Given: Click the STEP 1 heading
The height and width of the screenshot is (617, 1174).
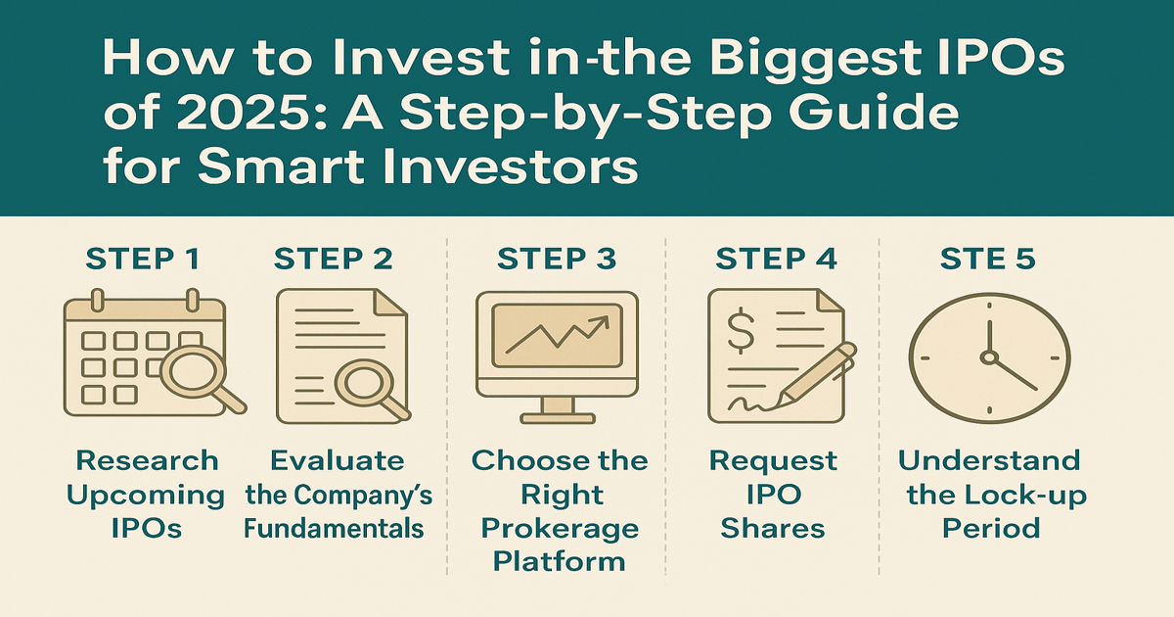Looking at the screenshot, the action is pos(143,259).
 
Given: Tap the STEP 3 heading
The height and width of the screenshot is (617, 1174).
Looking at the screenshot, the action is pos(557,259).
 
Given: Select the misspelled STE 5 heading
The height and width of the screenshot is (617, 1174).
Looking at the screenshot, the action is pos(988,259).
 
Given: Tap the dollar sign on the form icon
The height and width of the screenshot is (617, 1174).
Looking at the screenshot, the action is pos(741,332).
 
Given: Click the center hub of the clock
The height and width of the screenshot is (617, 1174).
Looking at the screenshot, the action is pos(989,357).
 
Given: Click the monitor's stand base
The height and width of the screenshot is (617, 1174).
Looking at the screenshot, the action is pos(558,418).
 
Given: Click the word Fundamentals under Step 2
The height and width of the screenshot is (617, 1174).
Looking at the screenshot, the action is pos(334,528).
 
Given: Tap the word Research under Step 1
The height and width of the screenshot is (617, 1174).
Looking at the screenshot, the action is pos(147,460).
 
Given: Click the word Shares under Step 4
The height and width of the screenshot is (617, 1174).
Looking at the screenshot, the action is pos(773,528).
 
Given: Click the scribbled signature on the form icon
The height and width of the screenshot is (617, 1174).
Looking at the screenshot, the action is pos(750,403).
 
